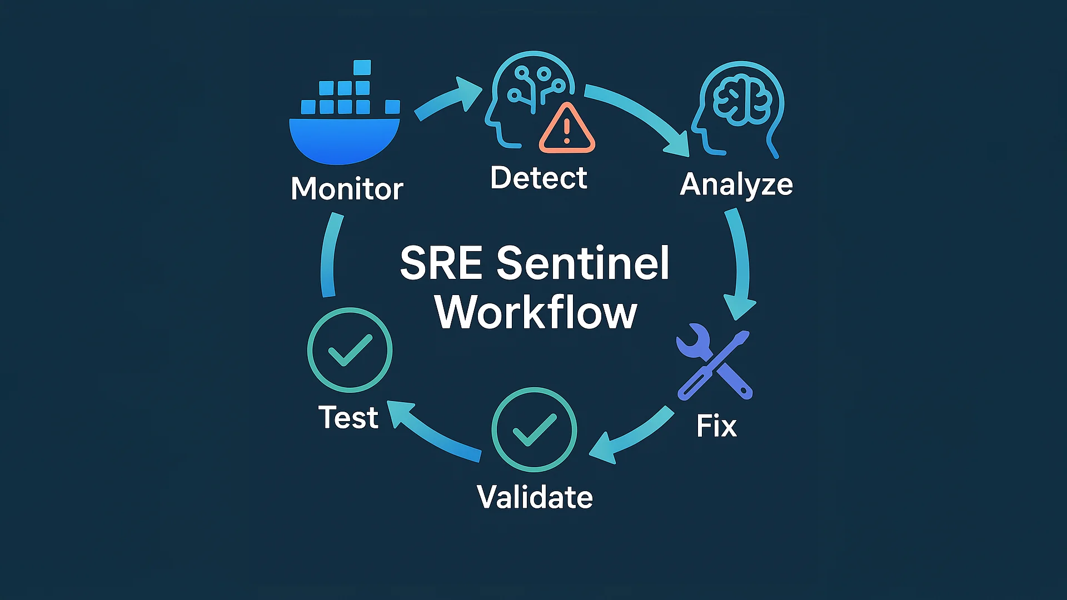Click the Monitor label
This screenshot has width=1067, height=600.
click(x=347, y=189)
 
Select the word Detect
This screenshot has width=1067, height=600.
click(x=538, y=178)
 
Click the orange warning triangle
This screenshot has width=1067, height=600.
click(x=567, y=130)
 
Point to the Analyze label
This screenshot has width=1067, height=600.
click(x=736, y=184)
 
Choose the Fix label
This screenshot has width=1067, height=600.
click(x=716, y=426)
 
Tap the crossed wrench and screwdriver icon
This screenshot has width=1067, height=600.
click(x=714, y=364)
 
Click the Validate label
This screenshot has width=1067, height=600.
click(x=535, y=497)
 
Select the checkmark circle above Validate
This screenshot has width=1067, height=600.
click(x=534, y=429)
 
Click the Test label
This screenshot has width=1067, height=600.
click(x=348, y=417)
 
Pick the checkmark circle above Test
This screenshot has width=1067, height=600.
click(x=350, y=350)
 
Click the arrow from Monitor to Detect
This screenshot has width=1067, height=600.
click(x=447, y=100)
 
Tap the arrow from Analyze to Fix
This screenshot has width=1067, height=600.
click(x=741, y=261)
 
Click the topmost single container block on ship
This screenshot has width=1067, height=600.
click(x=362, y=67)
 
